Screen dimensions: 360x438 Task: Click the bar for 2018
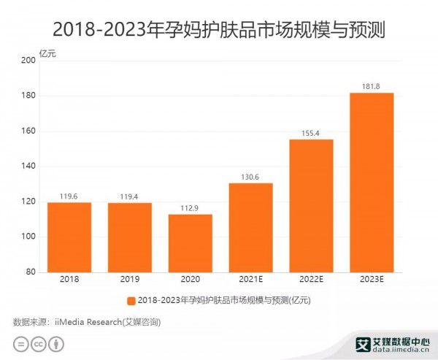69,237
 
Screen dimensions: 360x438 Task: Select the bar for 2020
190,242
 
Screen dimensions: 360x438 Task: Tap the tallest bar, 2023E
372,182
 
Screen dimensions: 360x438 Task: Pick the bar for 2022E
311,205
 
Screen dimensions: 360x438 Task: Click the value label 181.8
372,86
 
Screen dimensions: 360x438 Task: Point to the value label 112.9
190,207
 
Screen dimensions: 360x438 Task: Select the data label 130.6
250,176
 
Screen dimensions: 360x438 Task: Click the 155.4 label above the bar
311,133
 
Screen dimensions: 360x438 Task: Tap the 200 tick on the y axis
29,61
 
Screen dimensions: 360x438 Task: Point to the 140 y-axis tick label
29,166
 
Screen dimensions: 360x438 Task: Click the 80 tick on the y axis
31,272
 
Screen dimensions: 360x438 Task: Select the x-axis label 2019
129,280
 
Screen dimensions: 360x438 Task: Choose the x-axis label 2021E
250,280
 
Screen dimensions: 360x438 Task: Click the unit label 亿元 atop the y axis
47,52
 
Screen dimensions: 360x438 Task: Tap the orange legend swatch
131,300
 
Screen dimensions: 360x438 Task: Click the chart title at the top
219,30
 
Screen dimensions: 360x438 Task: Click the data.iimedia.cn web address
401,350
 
